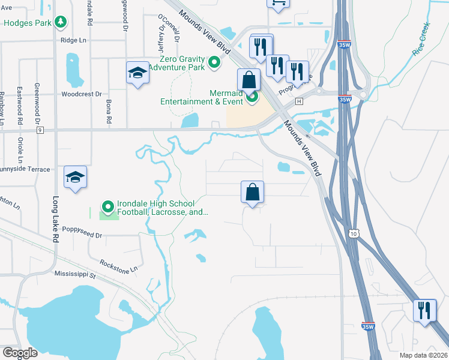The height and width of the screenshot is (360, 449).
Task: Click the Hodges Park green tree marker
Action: click(x=60, y=23)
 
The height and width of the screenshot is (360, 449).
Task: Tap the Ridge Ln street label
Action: click(x=73, y=40)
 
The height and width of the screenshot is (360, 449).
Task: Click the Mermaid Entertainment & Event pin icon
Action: click(x=253, y=96)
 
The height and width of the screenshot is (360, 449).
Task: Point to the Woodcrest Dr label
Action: click(x=82, y=94)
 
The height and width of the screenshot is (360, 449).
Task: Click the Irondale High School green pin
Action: click(x=108, y=206)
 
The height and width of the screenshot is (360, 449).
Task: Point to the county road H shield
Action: click(x=298, y=101)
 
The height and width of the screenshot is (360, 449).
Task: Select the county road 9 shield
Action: click(x=40, y=130)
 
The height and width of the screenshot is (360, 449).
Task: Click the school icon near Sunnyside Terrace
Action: click(x=75, y=177)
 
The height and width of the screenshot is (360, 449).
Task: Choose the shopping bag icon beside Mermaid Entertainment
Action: click(x=249, y=80)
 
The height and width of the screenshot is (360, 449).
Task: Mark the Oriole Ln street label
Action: click(x=20, y=150)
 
